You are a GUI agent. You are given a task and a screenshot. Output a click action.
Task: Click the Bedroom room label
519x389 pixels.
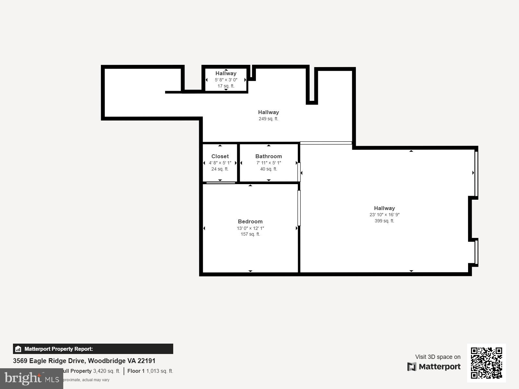pyautogui.click(x=250, y=221)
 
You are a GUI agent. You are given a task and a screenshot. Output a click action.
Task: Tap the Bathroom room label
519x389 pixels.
pyautogui.click(x=269, y=156)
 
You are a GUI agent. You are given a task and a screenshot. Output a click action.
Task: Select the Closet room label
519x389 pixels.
pyautogui.click(x=220, y=156)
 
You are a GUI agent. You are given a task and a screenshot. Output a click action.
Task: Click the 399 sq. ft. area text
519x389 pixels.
pyautogui.click(x=384, y=221)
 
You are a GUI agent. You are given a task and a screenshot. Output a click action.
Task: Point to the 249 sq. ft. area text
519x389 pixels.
pyautogui.click(x=268, y=119)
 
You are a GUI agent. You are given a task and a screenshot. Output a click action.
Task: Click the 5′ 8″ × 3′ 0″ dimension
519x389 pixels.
pyautogui.click(x=226, y=80)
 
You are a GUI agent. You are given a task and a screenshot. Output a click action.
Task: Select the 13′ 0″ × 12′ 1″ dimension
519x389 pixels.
pyautogui.click(x=250, y=228)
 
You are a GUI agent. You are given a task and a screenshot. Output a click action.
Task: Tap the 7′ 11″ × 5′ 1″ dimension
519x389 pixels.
pyautogui.click(x=269, y=163)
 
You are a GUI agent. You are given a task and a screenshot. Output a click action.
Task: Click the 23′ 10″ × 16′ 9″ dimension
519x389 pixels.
pyautogui.click(x=384, y=215)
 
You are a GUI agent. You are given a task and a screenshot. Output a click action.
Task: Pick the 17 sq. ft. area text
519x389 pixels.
pyautogui.click(x=226, y=86)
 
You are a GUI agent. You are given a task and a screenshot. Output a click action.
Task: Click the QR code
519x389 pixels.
pyautogui.click(x=486, y=363)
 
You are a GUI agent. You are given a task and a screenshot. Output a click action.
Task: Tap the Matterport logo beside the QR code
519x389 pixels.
pyautogui.click(x=434, y=367)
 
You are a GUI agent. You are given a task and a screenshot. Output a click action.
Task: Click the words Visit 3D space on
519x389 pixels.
pyautogui.click(x=438, y=357)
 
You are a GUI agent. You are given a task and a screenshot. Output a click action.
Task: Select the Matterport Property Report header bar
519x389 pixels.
pyautogui.click(x=93, y=349)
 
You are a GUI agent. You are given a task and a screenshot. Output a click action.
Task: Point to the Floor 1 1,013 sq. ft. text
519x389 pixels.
pyautogui.click(x=150, y=371)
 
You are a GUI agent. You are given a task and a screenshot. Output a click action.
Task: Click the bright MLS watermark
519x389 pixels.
pyautogui.click(x=31, y=378)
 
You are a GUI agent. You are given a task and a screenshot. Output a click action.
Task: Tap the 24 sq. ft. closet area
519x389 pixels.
pyautogui.click(x=220, y=169)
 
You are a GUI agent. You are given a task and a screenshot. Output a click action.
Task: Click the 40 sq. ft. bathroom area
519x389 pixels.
pyautogui.click(x=269, y=169)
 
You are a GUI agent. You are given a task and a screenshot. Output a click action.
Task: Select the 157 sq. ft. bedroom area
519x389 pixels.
pyautogui.click(x=250, y=234)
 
